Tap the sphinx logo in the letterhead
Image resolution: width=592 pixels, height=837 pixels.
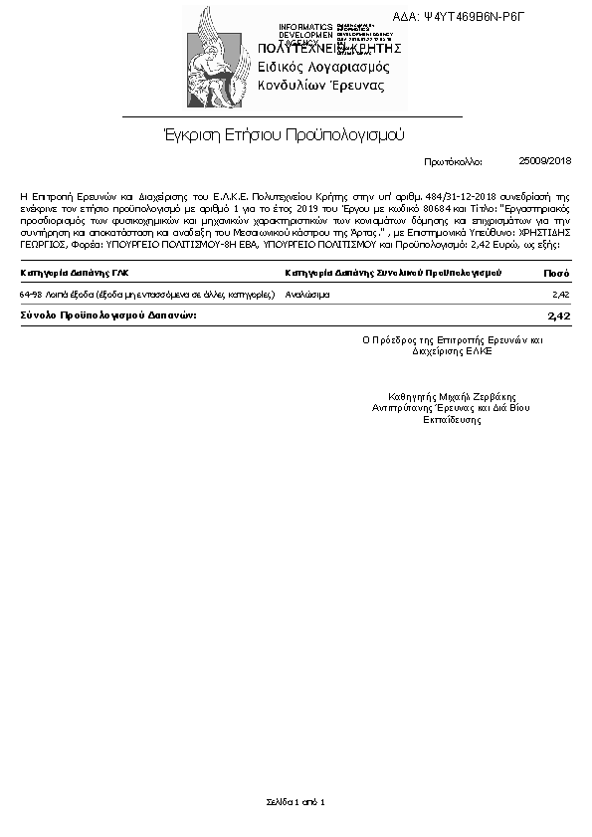click(x=218, y=60)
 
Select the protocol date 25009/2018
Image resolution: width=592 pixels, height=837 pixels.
click(x=545, y=160)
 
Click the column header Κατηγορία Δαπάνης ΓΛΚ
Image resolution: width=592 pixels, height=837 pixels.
click(x=75, y=272)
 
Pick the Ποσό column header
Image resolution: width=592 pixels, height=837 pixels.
click(x=556, y=272)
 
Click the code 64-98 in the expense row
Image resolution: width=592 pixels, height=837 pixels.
click(x=30, y=296)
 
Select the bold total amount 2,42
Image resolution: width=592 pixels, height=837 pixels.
click(x=558, y=315)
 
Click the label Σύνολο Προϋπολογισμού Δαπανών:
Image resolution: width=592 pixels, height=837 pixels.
click(x=108, y=314)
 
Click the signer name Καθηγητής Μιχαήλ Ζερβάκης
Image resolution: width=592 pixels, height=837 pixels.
click(x=439, y=393)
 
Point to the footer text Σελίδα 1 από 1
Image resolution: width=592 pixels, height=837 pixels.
click(x=296, y=801)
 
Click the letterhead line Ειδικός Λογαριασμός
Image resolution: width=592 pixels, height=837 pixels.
click(x=323, y=67)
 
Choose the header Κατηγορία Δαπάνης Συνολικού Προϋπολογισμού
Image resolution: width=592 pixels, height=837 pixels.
click(x=392, y=272)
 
